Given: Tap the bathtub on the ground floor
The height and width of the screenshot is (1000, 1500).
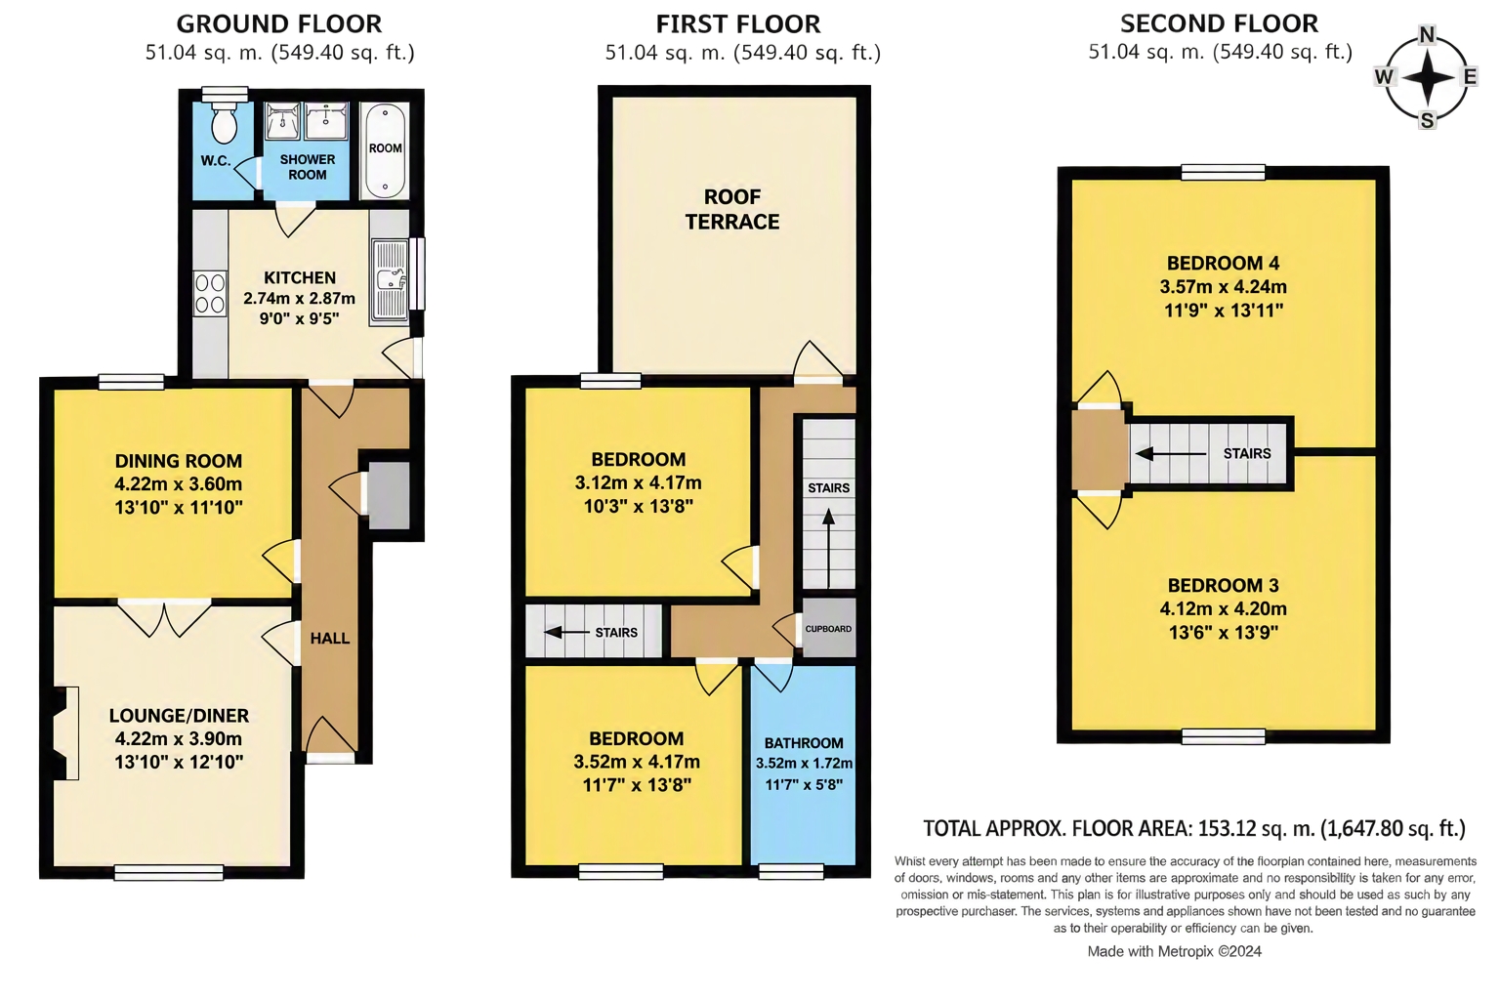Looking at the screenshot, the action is [385, 149].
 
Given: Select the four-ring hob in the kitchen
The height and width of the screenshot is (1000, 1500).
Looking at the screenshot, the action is [210, 293].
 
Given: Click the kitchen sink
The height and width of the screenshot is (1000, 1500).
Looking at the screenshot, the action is [390, 282].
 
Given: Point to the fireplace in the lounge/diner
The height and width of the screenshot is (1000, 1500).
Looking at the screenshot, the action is [65, 732].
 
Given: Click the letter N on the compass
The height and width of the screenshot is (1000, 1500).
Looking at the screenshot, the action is [1427, 35].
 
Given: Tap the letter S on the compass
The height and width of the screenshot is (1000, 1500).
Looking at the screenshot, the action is [1427, 120].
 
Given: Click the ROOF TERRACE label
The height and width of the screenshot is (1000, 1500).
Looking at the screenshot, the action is [731, 209].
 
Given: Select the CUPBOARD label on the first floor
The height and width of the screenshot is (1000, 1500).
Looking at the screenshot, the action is [828, 629].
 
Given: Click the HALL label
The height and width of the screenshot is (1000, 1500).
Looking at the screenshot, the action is [329, 639].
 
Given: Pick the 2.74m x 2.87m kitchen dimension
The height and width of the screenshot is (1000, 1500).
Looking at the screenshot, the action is [300, 298].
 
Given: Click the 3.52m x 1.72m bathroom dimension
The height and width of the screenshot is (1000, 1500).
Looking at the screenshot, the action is [805, 763].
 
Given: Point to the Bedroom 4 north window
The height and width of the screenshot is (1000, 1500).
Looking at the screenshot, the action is [1223, 172].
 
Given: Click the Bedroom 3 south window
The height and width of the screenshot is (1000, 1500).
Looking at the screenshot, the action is [1223, 736].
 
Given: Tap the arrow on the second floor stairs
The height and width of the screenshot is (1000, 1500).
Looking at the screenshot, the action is [1171, 454].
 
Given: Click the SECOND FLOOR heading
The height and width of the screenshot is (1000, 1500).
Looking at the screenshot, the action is [1219, 23].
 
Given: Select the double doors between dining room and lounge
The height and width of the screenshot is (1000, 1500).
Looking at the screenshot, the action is [165, 617].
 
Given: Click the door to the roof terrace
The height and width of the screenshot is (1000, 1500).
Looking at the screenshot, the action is [817, 362].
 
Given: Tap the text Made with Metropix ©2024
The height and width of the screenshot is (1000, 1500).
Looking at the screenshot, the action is [1174, 951].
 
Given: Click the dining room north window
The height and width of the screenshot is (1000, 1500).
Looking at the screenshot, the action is [131, 382].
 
